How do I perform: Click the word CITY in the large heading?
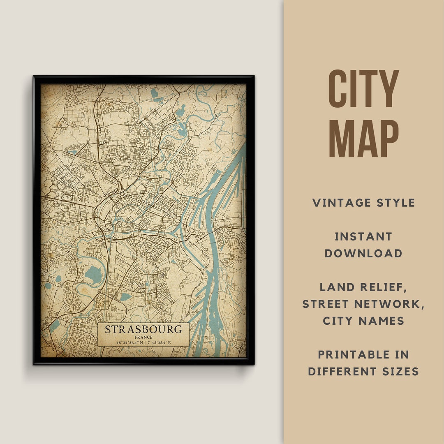point(363,89)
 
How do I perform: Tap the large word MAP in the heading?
point(363,138)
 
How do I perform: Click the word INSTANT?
point(363,236)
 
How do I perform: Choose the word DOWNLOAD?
point(363,253)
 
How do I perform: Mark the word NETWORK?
point(391,304)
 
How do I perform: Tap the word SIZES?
point(400,371)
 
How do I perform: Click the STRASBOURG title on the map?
point(143,329)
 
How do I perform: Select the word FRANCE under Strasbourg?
point(143,337)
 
